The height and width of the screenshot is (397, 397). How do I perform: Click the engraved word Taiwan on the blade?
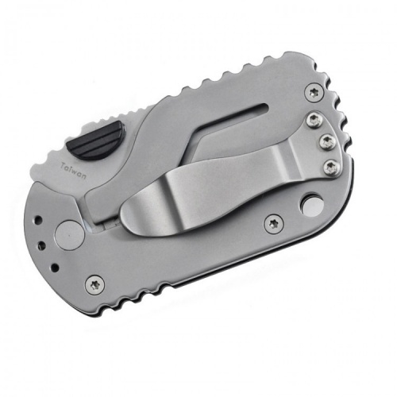(x=74, y=172)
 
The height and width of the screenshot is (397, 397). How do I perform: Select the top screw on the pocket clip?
(x=314, y=120)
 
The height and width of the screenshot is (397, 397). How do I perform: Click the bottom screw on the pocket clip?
(x=331, y=167)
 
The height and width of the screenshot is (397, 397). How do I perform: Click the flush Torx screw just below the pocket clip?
(x=273, y=224)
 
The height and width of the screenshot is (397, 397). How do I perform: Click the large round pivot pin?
(x=69, y=234)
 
